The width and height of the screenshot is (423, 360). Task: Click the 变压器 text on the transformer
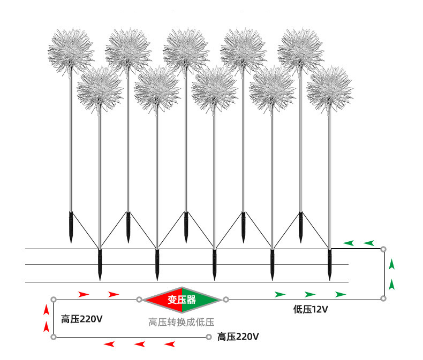[x=182, y=300]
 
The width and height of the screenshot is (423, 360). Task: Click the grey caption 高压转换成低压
[x=182, y=322]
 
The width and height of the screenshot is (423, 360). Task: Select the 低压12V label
[x=311, y=309]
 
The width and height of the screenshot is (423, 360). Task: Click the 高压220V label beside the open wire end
[x=238, y=337]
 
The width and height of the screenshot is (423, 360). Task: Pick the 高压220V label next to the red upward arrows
[x=82, y=319]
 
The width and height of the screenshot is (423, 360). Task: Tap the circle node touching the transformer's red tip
[x=139, y=300]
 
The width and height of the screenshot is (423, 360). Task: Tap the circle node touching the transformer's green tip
[x=226, y=300]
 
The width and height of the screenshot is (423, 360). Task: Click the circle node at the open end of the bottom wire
[x=208, y=337]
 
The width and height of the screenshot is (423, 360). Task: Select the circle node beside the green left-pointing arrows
[x=383, y=249]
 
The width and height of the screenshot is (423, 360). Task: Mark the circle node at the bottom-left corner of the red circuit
[x=54, y=337]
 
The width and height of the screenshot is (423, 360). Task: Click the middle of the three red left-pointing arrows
[x=140, y=344]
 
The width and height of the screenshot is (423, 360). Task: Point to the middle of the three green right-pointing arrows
[x=310, y=294]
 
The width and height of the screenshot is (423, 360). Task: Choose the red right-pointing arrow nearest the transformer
[x=114, y=294]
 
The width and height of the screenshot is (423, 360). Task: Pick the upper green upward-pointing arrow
[x=392, y=264]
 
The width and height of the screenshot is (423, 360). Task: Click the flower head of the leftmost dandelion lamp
[x=71, y=51]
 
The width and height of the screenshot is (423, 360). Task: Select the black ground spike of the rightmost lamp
[x=329, y=265]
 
